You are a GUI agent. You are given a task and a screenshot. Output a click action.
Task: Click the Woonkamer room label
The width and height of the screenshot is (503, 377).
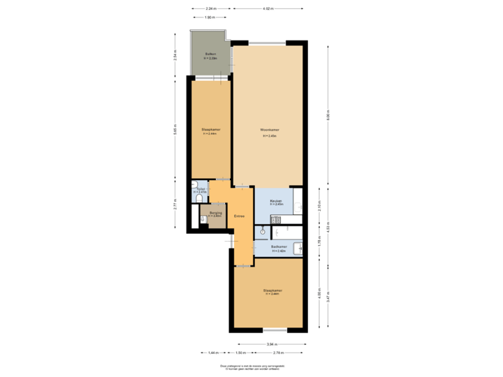tap(270, 130)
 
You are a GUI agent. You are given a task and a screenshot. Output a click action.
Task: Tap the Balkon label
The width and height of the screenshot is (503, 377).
tap(210, 54)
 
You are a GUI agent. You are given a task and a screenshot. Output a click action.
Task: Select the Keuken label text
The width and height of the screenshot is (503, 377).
tap(276, 200)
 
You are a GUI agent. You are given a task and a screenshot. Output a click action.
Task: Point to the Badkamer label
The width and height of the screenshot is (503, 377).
tap(279, 246)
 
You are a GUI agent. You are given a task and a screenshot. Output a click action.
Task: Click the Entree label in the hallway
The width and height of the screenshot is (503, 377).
tap(240, 216)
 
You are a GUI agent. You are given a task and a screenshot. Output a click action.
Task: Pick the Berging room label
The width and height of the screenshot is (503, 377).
tap(215, 212)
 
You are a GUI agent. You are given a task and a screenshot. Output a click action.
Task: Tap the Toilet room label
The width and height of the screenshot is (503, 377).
tap(201, 188)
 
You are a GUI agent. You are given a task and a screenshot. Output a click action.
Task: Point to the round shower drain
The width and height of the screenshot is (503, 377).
tap(262, 230)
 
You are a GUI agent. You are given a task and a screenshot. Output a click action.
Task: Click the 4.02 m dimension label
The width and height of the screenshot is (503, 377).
tap(268, 8)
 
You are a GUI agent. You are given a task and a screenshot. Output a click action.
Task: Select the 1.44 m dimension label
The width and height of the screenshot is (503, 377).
tap(213, 353)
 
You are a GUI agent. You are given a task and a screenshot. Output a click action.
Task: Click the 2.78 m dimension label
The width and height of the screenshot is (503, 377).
tap(268, 353)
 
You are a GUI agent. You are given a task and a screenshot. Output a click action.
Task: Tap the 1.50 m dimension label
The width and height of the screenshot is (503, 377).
tap(240, 353)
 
